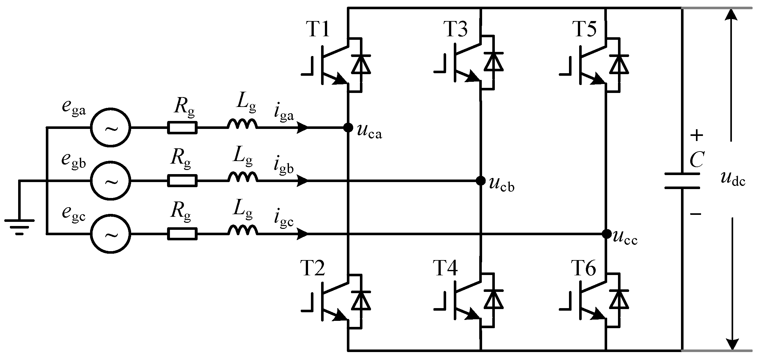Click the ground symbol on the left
click(19, 226)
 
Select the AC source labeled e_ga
click(110, 128)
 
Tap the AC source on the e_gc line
click(110, 234)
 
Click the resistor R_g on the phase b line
click(182, 181)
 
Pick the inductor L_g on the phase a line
click(242, 124)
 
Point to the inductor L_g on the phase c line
click(242, 230)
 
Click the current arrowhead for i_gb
click(302, 181)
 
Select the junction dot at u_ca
click(348, 128)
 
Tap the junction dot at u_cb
click(480, 181)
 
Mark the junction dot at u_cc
click(607, 234)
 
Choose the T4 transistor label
click(445, 268)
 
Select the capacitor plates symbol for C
click(682, 181)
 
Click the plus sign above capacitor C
click(697, 136)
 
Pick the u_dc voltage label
click(732, 180)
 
